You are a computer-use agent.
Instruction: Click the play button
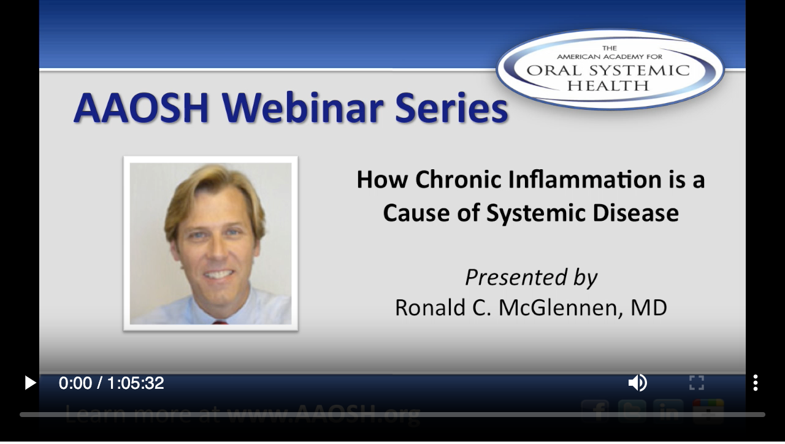(29, 383)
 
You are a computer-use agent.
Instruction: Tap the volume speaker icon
(637, 383)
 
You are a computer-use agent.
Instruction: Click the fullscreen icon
(696, 383)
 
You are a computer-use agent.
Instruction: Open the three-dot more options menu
(755, 383)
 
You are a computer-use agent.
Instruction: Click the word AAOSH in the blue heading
(141, 108)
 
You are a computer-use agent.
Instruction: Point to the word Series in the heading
(451, 108)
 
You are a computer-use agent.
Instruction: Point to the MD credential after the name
(649, 307)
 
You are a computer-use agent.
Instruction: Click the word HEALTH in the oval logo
(607, 86)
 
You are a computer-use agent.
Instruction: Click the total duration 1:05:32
(136, 383)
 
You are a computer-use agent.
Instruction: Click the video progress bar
(392, 415)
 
